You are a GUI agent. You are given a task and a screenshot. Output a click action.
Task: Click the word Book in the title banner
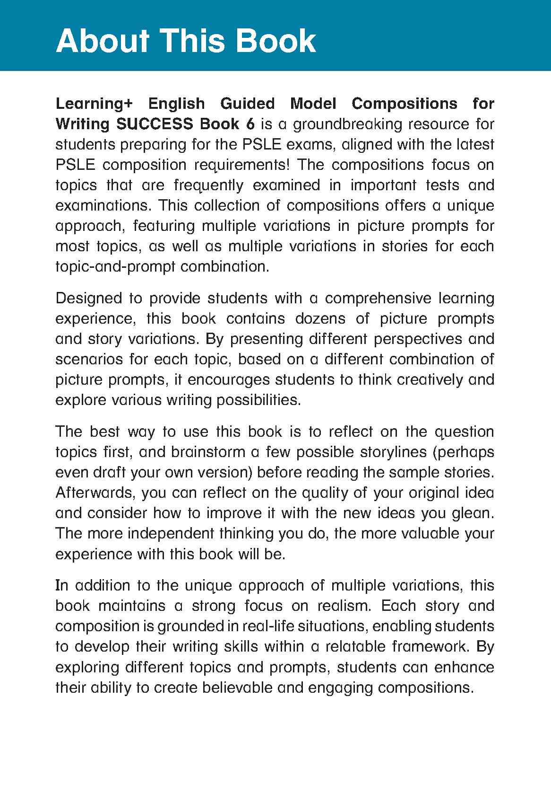[275, 41]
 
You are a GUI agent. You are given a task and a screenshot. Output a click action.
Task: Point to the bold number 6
[250, 124]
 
